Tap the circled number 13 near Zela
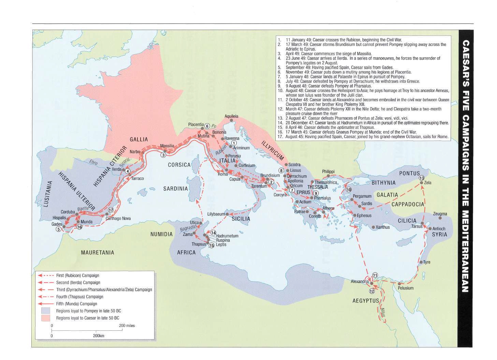click(421, 178)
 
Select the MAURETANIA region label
click(97, 253)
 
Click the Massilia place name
click(167, 146)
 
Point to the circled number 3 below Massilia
click(163, 155)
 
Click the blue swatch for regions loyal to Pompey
click(45, 311)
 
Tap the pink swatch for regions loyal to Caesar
click(45, 318)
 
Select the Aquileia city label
click(231, 116)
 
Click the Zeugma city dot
click(440, 218)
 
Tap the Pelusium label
click(406, 288)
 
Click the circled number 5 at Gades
click(58, 229)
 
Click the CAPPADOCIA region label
click(408, 204)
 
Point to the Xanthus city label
click(383, 227)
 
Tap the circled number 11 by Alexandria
click(375, 275)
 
